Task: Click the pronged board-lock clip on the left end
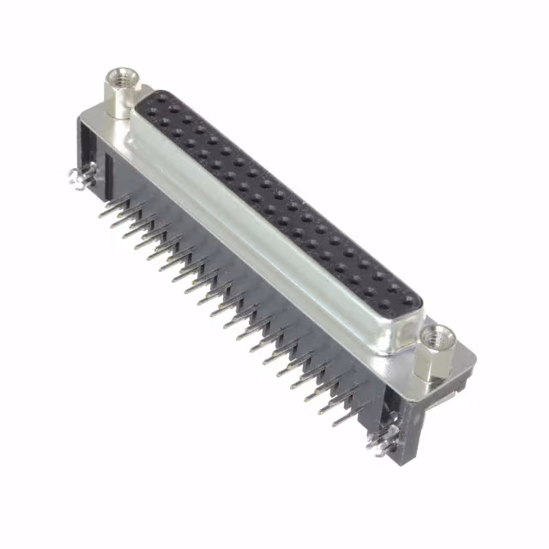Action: coord(80,178)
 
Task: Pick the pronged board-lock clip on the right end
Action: coord(378,442)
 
